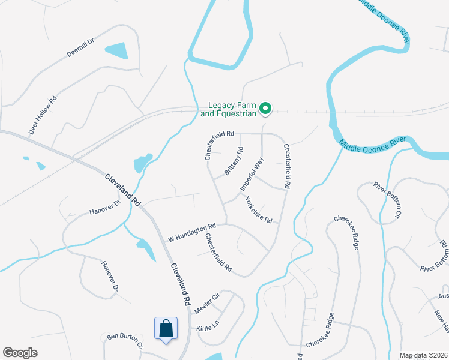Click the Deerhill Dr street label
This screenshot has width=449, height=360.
[81, 49]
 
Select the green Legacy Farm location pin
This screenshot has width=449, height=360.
[265, 109]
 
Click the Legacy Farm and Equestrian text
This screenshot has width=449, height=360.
[229, 109]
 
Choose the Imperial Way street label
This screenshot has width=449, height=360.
[252, 175]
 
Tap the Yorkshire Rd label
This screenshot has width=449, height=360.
[259, 211]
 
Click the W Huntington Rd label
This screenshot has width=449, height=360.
[191, 230]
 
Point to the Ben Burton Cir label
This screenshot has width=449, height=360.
[124, 340]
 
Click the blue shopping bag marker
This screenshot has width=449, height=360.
[166, 329]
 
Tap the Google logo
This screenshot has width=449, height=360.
[20, 353]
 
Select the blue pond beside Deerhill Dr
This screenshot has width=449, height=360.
[118, 50]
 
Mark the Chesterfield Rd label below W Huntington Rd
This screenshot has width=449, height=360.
[218, 253]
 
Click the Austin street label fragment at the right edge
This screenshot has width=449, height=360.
[443, 296]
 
